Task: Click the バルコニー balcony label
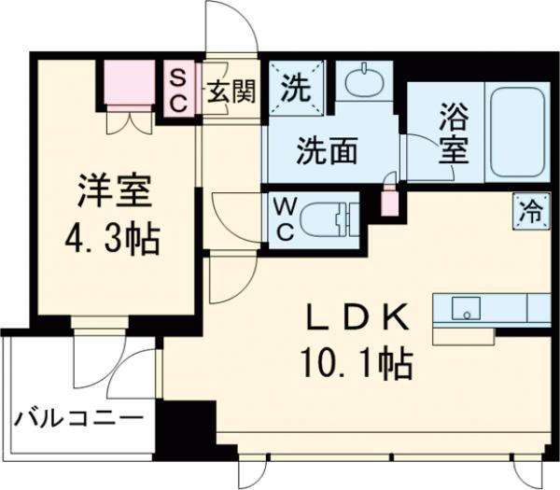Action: point(79,417)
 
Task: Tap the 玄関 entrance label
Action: point(230,93)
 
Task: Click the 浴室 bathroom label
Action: point(454,133)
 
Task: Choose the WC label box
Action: point(281,217)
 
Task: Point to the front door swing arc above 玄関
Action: point(230,28)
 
